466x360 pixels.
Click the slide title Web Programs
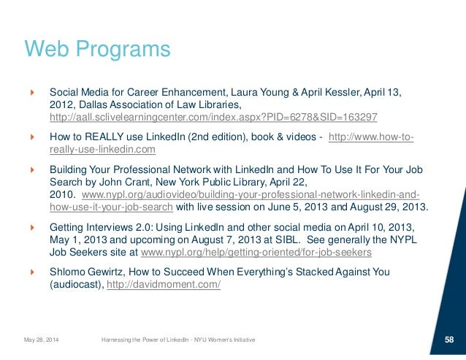point(98,50)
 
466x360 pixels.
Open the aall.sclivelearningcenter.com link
point(213,117)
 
